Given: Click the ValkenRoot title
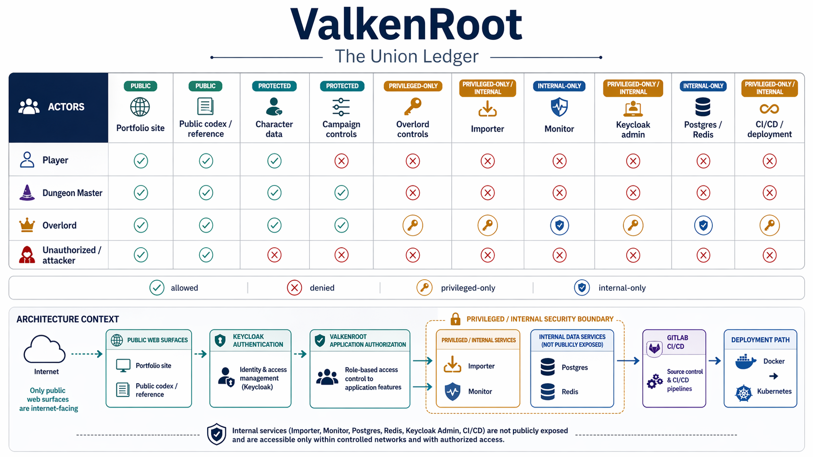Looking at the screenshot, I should [x=406, y=24].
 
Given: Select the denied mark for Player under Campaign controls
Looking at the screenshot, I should [x=341, y=161].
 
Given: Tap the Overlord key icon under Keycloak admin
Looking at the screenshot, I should [x=633, y=225].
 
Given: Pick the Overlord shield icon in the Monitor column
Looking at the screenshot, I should [x=559, y=225].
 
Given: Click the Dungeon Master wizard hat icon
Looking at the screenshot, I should [x=27, y=193].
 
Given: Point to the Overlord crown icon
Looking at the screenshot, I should [x=27, y=225].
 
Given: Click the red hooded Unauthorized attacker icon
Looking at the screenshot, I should [x=27, y=254].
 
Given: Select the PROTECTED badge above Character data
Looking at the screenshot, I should [x=274, y=86].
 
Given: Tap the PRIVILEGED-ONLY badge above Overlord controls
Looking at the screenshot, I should [x=413, y=86].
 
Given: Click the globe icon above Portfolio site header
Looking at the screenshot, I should [x=140, y=107].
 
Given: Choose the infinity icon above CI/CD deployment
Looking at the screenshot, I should [x=769, y=109].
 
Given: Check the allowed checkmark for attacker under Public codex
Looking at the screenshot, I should [x=206, y=255].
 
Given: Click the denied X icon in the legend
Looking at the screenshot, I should [x=294, y=288].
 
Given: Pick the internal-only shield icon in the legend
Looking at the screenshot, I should [x=582, y=288].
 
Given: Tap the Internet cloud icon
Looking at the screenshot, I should [x=44, y=350].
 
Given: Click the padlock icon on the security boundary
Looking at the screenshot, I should [x=455, y=319].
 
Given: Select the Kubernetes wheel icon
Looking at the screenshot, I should [x=743, y=393].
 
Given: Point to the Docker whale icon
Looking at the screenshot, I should [x=745, y=362].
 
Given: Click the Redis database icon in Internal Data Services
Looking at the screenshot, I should [x=548, y=391].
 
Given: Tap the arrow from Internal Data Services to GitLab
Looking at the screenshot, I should [x=628, y=361].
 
